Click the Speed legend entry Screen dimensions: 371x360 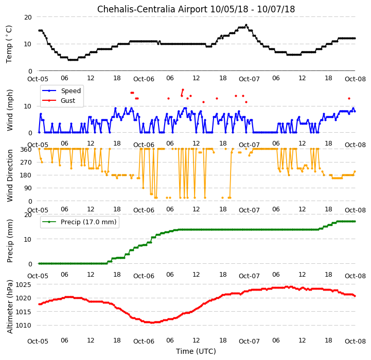tap(62, 91)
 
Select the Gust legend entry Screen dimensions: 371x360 tap(59, 100)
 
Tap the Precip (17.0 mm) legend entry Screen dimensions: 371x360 tap(79, 222)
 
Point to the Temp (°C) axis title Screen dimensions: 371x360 tap(9, 44)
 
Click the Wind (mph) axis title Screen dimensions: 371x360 tap(9, 110)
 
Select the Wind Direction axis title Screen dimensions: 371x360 tap(9, 175)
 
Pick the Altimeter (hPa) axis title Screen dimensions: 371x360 tap(9, 307)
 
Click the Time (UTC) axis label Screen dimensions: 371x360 tap(196, 351)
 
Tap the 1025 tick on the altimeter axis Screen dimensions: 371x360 tap(24, 284)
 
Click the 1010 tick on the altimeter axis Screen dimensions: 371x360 tap(24, 325)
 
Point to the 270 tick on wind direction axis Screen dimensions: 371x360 tap(26, 163)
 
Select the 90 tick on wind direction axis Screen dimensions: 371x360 tap(28, 188)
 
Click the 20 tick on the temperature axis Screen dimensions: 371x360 tap(28, 17)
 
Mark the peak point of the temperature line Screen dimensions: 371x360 tap(246, 25)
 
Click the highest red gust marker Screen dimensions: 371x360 tap(183, 90)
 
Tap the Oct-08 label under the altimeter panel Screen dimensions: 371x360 tap(355, 341)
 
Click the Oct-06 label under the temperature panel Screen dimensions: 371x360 tap(144, 79)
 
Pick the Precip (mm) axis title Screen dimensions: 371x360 tap(9, 241)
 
